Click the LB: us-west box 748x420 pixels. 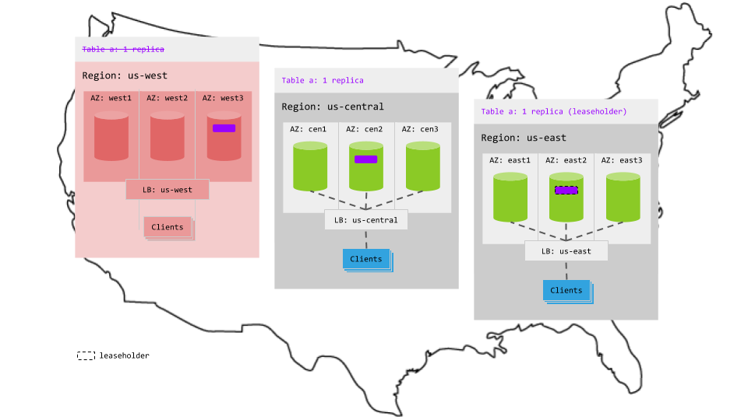point(168,190)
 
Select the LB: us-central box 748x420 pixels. point(365,220)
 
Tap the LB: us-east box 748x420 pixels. point(566,251)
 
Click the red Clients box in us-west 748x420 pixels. point(168,227)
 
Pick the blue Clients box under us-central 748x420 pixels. point(366,259)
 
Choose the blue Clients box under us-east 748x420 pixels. point(566,290)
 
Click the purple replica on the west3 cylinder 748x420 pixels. point(224,128)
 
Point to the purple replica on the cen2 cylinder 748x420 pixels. point(365,159)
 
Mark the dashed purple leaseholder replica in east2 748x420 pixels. point(566,190)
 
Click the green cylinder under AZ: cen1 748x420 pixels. point(310,166)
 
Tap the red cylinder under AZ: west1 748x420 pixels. point(111,136)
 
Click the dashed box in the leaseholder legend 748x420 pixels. point(86,355)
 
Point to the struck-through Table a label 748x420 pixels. point(123,49)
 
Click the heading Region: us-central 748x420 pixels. point(333,107)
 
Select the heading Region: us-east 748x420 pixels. point(523,138)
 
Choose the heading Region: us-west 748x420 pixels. point(125,75)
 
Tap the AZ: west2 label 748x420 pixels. point(168,98)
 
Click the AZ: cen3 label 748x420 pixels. point(422,129)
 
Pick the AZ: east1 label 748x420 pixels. point(510,160)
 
